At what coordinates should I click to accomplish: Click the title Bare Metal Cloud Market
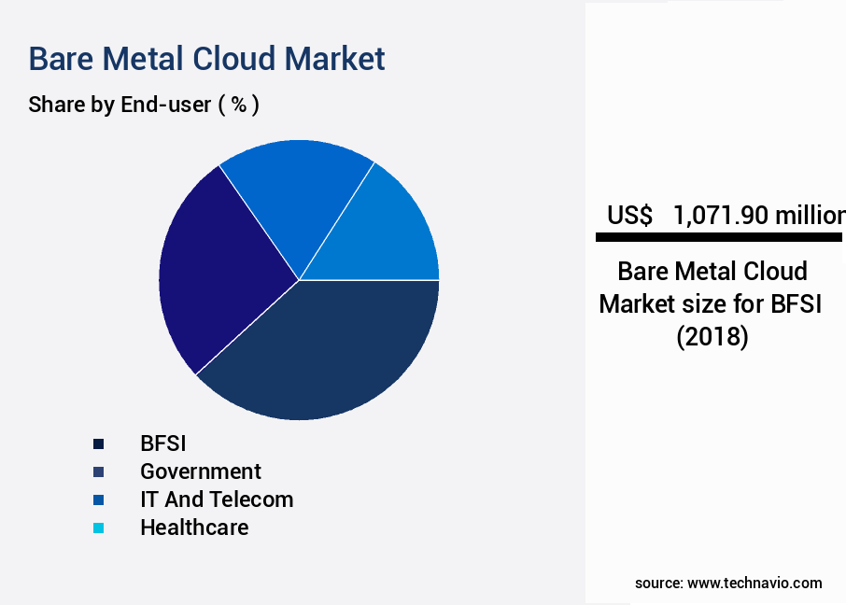[x=206, y=59]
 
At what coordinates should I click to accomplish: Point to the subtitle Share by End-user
[x=120, y=105]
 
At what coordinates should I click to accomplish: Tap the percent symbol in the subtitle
[x=238, y=105]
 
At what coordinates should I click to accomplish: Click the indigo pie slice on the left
[x=215, y=271]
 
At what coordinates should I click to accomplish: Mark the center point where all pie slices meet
[x=299, y=280]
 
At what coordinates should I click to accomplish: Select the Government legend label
[x=201, y=471]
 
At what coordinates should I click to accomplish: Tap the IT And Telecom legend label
[x=217, y=499]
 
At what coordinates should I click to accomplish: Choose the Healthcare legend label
[x=194, y=528]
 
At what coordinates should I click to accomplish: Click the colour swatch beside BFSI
[x=98, y=443]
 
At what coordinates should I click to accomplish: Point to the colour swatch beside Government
[x=98, y=471]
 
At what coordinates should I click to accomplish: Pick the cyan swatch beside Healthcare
[x=98, y=528]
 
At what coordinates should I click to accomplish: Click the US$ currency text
[x=629, y=216]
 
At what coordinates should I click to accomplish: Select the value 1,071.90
[x=721, y=216]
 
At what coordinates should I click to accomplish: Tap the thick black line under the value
[x=719, y=238]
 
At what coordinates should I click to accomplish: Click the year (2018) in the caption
[x=712, y=336]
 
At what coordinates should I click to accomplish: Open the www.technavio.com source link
[x=754, y=583]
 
